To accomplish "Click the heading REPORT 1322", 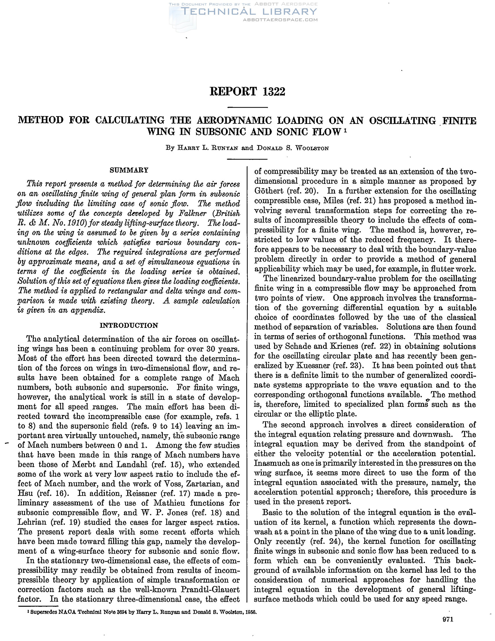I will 247,92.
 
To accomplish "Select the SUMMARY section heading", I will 129,170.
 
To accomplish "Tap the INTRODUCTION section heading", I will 129,325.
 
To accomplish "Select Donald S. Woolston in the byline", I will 292,148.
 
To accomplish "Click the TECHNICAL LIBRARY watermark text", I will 250,12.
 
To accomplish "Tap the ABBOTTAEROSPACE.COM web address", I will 281,20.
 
